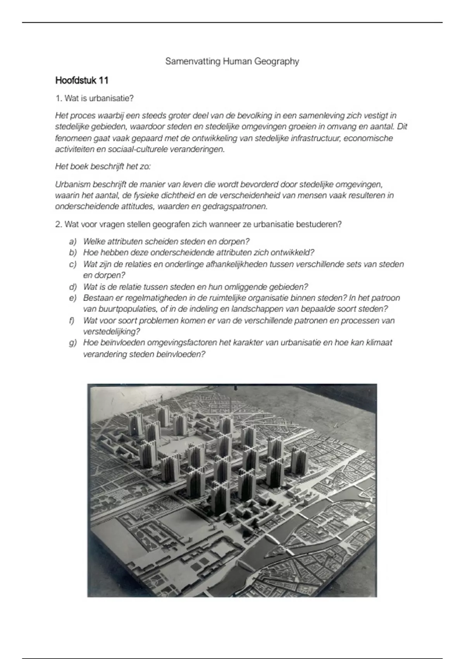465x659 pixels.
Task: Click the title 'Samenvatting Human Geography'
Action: pos(232,61)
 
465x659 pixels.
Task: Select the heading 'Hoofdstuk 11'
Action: pos(82,81)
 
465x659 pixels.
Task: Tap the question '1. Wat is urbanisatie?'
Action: pos(95,98)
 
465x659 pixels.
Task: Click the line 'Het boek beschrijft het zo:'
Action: pos(103,167)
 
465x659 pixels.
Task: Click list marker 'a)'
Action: pos(73,242)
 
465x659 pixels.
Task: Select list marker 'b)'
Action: pos(73,253)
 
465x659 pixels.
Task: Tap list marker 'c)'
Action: pos(73,264)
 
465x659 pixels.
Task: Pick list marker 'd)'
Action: pos(73,287)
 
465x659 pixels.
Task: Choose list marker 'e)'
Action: pos(73,298)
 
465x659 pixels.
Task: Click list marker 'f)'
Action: pos(72,321)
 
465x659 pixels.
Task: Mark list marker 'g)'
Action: pos(73,343)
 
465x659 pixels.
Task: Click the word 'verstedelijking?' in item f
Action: pos(112,332)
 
